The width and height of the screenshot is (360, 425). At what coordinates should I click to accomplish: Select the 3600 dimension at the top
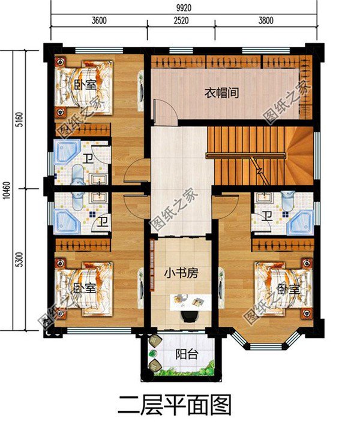(x=99, y=20)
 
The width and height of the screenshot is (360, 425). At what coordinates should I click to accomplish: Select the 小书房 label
(x=180, y=273)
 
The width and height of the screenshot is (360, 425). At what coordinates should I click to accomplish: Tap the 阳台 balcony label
(x=184, y=354)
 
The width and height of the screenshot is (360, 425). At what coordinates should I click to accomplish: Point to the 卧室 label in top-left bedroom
(x=86, y=85)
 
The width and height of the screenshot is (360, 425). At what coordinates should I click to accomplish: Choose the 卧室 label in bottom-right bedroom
(x=287, y=288)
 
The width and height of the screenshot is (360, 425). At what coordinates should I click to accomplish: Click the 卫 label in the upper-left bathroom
(x=88, y=159)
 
